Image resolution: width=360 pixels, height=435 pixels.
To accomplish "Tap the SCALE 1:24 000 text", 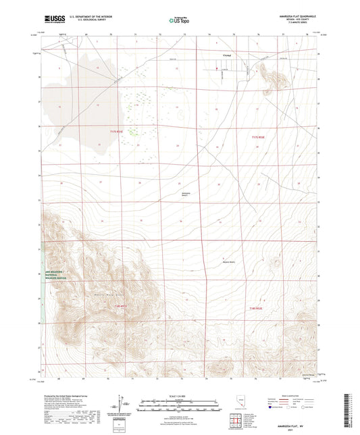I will pos(180,395).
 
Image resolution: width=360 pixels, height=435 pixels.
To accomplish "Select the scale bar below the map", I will pos(180,401).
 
